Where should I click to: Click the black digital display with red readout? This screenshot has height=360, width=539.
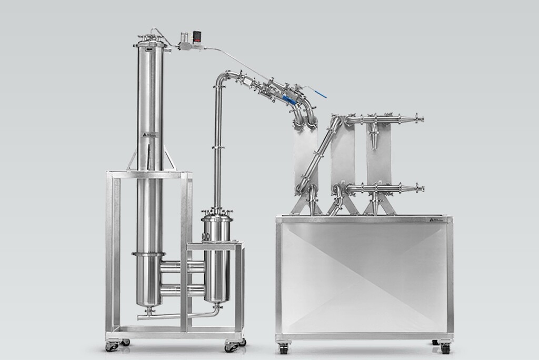(197, 37)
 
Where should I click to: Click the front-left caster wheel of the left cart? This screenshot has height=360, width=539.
(112, 346)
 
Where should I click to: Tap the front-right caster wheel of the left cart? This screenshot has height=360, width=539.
(230, 346)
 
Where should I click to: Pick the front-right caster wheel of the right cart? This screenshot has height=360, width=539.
(445, 347)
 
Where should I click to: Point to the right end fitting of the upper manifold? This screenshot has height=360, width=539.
(420, 119)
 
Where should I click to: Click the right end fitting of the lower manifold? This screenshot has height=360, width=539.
(420, 188)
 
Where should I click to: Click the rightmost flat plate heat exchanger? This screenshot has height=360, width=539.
(379, 158)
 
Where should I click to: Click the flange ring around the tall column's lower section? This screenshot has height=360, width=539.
(149, 255)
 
